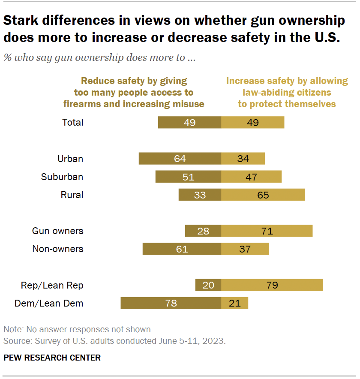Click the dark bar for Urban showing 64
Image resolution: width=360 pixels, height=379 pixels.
coord(180,159)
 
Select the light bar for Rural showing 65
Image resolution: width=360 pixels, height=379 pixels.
coord(263,195)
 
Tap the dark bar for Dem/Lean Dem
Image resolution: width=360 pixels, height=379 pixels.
coord(171,303)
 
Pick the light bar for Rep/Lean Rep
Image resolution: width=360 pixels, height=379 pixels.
coord(272,285)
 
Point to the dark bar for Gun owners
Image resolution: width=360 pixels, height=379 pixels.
coord(203,231)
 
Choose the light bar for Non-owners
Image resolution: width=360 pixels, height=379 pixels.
coord(245,249)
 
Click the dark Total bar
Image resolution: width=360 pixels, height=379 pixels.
coord(189,122)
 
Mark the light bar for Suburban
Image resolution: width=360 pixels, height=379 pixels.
coord(251,177)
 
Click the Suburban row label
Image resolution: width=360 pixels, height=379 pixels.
coord(62,177)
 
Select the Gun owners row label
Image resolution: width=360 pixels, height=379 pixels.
coord(58,231)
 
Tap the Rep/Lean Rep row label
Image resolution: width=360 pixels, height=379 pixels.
coord(52,285)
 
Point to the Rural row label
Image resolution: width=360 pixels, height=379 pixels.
coord(72,195)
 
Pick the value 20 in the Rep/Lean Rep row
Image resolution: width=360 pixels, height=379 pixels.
coord(208,285)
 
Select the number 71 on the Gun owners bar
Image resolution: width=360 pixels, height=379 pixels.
coord(267,231)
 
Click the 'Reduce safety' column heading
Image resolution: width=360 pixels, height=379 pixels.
coord(134,92)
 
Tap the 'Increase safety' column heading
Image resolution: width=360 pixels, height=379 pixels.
coord(287,92)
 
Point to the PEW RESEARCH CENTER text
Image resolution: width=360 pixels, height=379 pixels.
coord(52,358)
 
